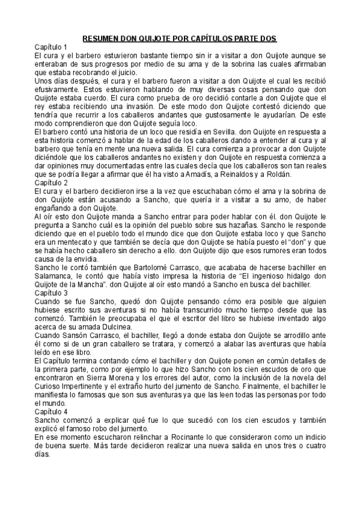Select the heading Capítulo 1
(50, 47)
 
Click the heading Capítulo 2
(50, 182)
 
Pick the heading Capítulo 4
(50, 411)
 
